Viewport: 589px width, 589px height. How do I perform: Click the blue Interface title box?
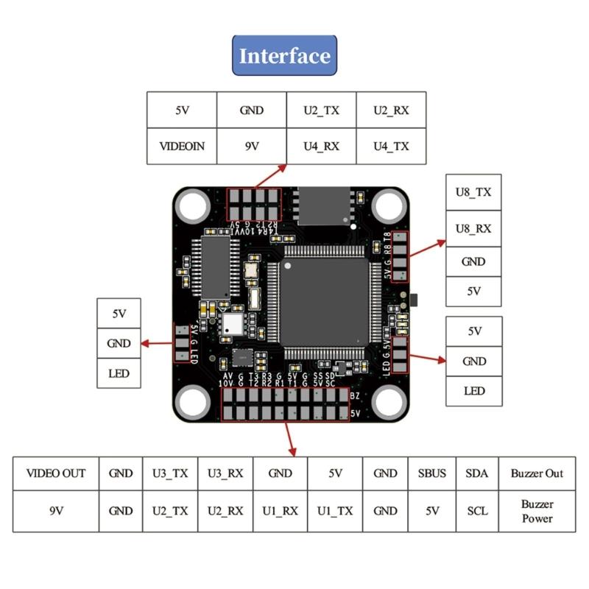pyautogui.click(x=284, y=55)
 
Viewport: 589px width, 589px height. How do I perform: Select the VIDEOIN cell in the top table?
pyautogui.click(x=182, y=146)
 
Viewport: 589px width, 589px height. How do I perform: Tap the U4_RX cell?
pyautogui.click(x=321, y=146)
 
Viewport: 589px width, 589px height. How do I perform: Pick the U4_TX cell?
pyautogui.click(x=391, y=146)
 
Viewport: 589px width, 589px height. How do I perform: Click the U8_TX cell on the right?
pyautogui.click(x=473, y=192)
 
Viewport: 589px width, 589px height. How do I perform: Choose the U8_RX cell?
pyautogui.click(x=473, y=228)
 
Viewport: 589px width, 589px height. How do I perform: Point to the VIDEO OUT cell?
pyautogui.click(x=56, y=473)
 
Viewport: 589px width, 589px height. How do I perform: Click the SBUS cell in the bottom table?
pyautogui.click(x=432, y=473)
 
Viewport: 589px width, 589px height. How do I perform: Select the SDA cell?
pyautogui.click(x=477, y=473)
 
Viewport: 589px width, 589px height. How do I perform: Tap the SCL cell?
pyautogui.click(x=477, y=511)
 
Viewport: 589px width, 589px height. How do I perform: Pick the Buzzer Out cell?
pyautogui.click(x=537, y=473)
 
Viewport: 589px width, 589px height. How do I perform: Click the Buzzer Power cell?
pyautogui.click(x=537, y=511)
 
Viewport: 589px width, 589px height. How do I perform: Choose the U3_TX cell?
pyautogui.click(x=170, y=473)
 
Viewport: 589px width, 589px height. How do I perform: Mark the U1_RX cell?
pyautogui.click(x=281, y=511)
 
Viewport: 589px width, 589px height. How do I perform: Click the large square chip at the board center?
pyautogui.click(x=324, y=302)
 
